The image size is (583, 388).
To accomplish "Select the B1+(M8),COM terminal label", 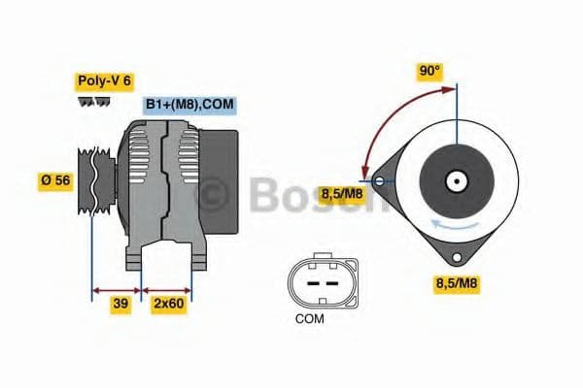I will tap(189, 105).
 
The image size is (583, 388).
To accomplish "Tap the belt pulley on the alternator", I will tap(95, 181).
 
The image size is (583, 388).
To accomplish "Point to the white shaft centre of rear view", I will tap(454, 180).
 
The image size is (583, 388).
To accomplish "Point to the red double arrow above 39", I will tap(116, 288).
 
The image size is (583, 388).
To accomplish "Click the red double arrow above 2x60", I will tap(167, 288).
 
